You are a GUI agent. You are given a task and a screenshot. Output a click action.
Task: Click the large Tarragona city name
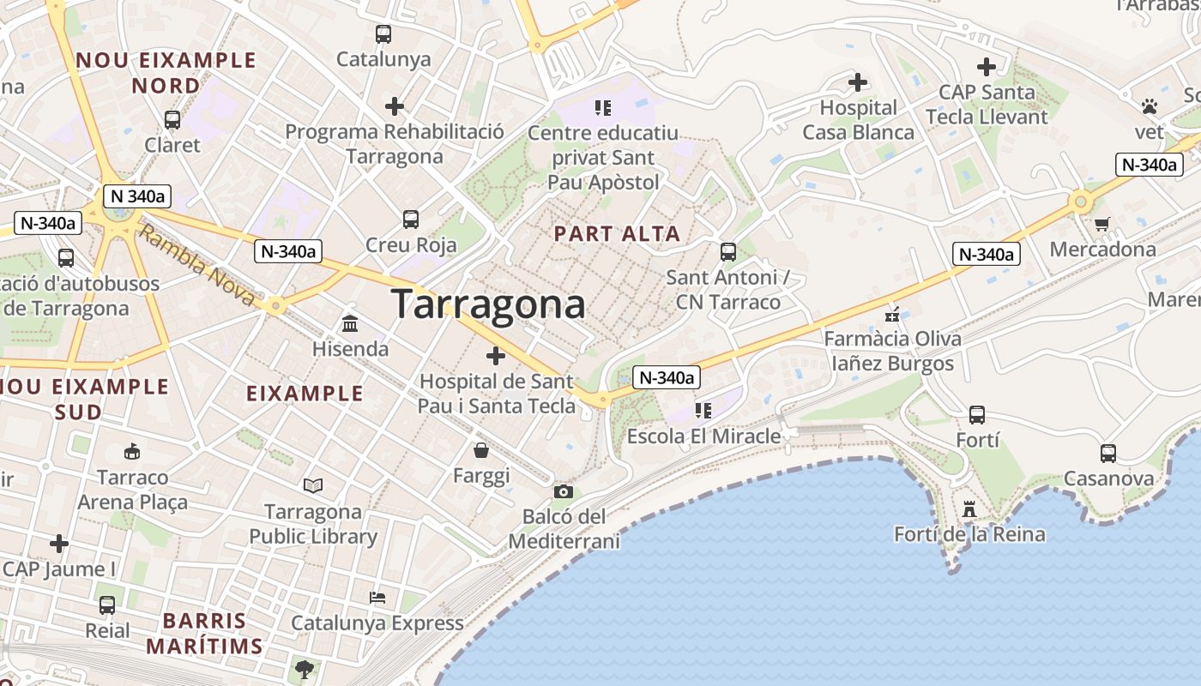[x=489, y=304]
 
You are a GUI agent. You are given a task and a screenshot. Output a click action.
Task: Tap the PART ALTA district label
[x=617, y=233]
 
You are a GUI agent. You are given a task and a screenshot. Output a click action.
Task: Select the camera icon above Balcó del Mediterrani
[x=563, y=491]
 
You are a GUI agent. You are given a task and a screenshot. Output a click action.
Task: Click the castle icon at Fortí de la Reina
[x=969, y=508]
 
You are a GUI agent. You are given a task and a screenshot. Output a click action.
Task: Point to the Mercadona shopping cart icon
[x=1102, y=224]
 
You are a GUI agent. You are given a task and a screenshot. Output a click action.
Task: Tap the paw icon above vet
[x=1149, y=106]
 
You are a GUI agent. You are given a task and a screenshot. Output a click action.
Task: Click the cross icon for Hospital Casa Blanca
[x=857, y=82]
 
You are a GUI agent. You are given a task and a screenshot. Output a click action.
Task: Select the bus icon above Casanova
[x=1107, y=453]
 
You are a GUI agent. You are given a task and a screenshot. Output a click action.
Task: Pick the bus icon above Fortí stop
[x=976, y=415]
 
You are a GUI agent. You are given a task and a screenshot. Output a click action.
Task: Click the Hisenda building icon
[x=350, y=323]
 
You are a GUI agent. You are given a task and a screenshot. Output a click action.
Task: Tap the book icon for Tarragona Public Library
[x=313, y=486]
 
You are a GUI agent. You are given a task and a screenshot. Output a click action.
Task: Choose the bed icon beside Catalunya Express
[x=377, y=597]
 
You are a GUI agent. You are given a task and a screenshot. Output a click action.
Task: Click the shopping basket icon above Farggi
[x=481, y=449]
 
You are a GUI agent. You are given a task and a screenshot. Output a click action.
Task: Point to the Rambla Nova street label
[x=197, y=265]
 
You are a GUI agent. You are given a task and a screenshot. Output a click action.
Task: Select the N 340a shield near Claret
[x=137, y=196]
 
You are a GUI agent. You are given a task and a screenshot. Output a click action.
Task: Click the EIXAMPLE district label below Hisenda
[x=305, y=394]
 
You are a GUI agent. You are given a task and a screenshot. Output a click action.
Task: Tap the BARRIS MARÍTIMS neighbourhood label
[x=204, y=633]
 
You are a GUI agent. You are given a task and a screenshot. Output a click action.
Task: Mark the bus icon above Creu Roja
[x=411, y=220]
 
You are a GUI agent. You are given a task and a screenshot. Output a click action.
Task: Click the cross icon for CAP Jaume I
[x=58, y=543]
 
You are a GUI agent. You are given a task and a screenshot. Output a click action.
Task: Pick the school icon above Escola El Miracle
[x=703, y=411]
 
